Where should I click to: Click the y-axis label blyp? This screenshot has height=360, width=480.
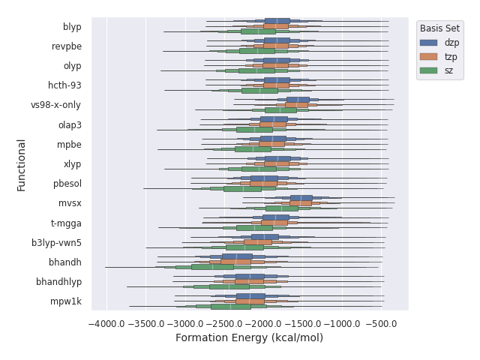pos(72,27)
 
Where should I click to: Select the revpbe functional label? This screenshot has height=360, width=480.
pos(67,46)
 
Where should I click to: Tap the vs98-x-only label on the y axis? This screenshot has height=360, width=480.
pos(56,105)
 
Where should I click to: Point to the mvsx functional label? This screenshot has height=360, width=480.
pos(70,203)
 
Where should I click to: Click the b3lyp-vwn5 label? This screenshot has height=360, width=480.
pos(56,243)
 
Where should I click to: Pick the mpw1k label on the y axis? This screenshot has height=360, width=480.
pos(67,301)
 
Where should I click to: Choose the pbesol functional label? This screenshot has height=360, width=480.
pos(67,184)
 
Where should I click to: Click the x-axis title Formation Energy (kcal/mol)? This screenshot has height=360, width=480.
pos(249,338)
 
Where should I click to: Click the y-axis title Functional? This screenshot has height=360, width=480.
pos(22,164)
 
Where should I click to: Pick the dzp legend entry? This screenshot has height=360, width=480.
pos(451,43)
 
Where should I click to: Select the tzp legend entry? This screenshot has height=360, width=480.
pos(450,56)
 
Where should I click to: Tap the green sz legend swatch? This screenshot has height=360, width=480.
pos(429,70)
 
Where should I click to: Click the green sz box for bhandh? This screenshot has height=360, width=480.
pos(212,266)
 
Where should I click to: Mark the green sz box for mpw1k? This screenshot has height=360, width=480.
pos(231,306)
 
